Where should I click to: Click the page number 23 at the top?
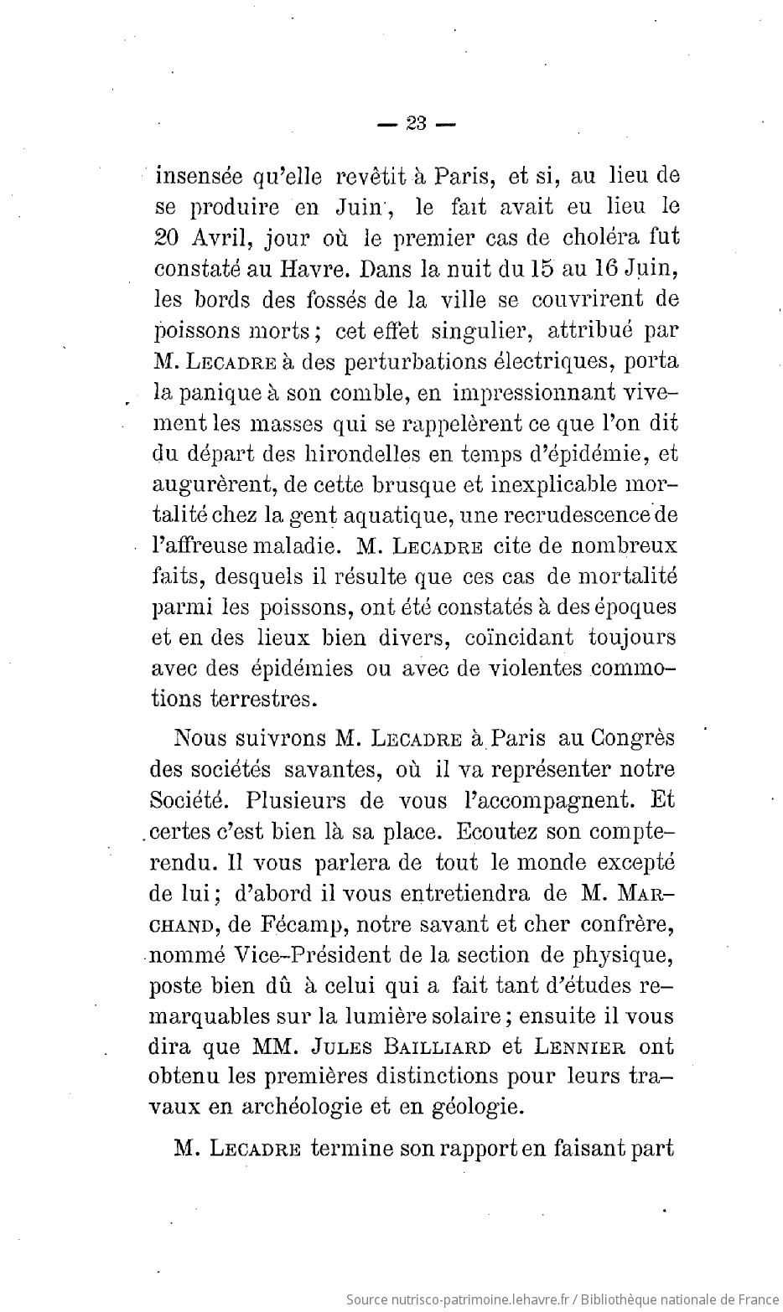click(x=415, y=124)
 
